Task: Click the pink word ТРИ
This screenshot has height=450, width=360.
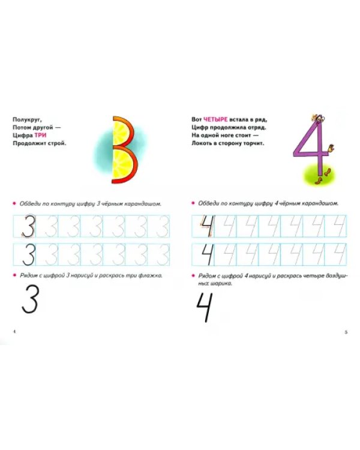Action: [40, 135]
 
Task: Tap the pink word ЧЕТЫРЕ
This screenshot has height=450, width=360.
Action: [215, 119]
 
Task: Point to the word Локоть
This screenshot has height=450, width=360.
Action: [201, 143]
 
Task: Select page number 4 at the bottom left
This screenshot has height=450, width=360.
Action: [14, 331]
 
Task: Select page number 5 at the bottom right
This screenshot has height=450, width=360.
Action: [346, 332]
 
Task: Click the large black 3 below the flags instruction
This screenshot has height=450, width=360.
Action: [30, 299]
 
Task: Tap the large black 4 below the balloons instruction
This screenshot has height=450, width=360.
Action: [205, 307]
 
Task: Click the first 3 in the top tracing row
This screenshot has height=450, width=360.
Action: [29, 226]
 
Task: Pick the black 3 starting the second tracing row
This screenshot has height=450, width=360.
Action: [29, 254]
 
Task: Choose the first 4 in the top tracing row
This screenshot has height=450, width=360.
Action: [208, 226]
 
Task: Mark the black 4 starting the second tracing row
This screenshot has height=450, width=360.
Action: [208, 254]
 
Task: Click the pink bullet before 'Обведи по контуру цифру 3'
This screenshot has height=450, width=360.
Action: [14, 204]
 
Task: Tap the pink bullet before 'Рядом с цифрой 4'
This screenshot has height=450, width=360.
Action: [193, 275]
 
